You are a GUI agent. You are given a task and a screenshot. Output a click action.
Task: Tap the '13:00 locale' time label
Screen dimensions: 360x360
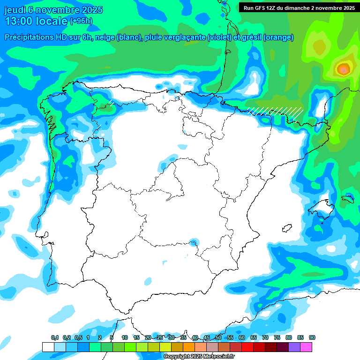click(35, 21)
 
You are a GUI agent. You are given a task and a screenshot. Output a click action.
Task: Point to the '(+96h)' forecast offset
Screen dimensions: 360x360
click(81, 21)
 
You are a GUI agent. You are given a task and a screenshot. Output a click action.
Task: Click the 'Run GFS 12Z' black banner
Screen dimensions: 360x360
click(298, 7)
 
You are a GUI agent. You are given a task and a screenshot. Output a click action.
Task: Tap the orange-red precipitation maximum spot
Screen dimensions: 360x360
click(344, 69)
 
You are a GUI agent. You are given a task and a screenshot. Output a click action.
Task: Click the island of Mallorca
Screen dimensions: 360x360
click(322, 208)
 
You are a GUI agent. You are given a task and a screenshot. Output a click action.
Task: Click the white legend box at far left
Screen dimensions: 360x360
click(48, 347)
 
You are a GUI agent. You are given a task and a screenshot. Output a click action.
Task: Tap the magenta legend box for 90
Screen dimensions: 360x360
click(306, 347)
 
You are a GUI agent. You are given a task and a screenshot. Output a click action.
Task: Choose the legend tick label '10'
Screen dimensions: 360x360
click(124, 337)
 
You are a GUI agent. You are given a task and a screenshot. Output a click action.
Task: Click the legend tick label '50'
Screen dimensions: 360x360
click(218, 337)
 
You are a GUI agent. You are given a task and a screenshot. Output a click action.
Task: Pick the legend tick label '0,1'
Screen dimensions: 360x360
click(55, 337)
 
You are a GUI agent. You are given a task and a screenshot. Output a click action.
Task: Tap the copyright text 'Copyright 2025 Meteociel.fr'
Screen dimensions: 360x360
click(199, 357)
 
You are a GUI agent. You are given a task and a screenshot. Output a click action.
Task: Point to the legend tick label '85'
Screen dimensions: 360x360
click(300, 337)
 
